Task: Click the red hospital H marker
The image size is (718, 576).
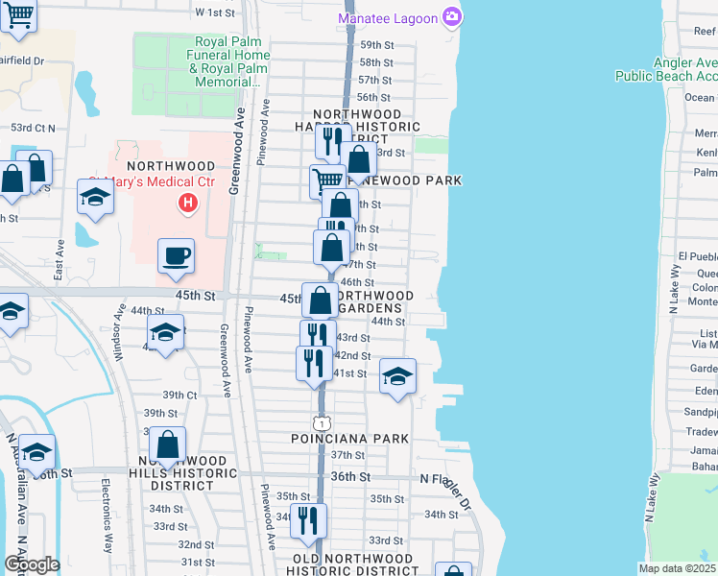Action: click(188, 204)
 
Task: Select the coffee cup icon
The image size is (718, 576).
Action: click(176, 256)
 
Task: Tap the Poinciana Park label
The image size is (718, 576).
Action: click(350, 439)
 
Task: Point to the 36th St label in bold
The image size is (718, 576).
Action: click(352, 476)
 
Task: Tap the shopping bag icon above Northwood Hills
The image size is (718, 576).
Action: click(167, 444)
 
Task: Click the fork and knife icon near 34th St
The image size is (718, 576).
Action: click(308, 520)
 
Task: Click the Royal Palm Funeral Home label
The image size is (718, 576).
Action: click(231, 62)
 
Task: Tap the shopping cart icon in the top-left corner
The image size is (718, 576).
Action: click(18, 15)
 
